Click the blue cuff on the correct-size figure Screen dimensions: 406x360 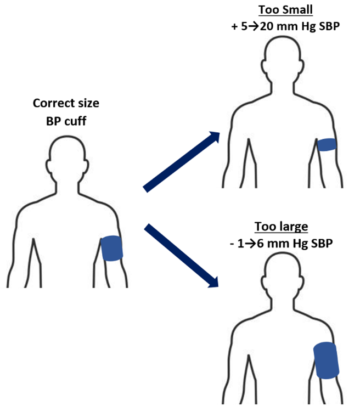coord(113,249)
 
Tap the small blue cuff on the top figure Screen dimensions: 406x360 coord(328,145)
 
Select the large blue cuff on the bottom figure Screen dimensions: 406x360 coord(326,360)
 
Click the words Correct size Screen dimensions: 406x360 coord(66,103)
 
